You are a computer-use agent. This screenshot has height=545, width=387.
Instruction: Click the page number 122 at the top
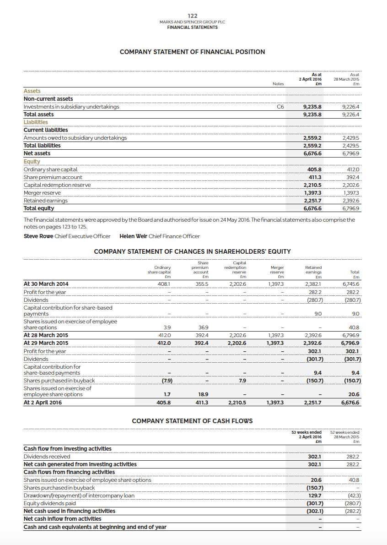193,16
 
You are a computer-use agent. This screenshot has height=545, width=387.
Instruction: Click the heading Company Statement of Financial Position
192,52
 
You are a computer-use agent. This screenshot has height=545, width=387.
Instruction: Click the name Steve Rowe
38,236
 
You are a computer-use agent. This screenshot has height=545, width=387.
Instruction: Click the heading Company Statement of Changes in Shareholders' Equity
192,251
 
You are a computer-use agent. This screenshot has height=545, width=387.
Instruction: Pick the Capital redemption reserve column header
239,270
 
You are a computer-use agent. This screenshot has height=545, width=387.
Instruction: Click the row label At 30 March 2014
46,284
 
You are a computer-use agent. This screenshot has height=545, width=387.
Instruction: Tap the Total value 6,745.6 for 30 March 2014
351,284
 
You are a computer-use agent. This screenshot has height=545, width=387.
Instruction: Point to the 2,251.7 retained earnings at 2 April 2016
312,403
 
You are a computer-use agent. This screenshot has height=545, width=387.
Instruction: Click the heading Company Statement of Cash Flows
192,421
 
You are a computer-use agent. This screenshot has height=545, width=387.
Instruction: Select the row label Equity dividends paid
50,503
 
